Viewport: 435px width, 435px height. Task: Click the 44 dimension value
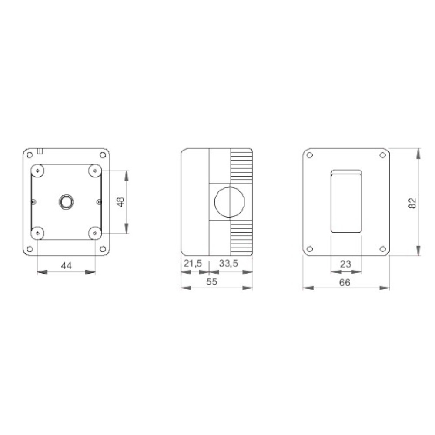(x=66, y=266)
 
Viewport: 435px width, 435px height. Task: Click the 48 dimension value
(x=121, y=202)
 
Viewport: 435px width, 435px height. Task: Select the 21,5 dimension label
(x=193, y=263)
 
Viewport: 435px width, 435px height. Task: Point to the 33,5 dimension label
(x=229, y=263)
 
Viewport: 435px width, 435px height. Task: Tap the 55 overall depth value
(x=212, y=282)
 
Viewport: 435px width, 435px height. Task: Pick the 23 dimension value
(x=345, y=264)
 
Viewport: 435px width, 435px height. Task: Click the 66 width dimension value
(x=345, y=282)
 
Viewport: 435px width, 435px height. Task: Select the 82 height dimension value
(x=412, y=203)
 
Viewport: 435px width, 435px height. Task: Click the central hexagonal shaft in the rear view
(x=66, y=202)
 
